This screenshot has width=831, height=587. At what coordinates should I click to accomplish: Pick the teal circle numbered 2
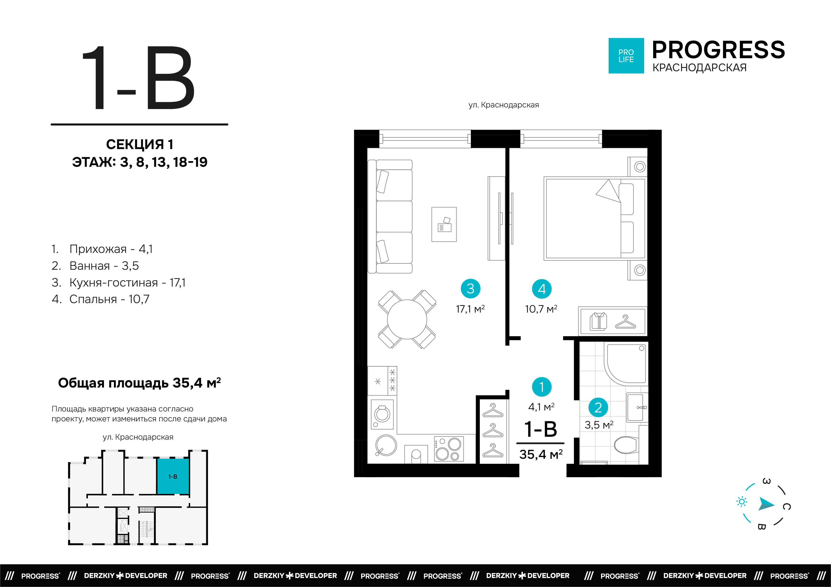click(x=598, y=407)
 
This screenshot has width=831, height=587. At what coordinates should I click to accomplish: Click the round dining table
click(x=407, y=319)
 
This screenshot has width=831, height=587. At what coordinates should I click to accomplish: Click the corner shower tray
click(x=625, y=363)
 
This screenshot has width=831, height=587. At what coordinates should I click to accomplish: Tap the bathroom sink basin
click(x=637, y=407)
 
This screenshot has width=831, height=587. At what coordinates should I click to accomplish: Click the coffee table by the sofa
click(x=444, y=224)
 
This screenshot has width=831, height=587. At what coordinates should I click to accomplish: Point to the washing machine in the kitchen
click(x=382, y=415)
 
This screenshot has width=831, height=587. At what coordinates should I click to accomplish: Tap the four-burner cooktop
click(x=449, y=449)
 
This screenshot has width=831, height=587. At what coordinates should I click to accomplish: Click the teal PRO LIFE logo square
click(x=626, y=56)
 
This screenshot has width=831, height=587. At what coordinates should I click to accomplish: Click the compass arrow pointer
click(x=766, y=504)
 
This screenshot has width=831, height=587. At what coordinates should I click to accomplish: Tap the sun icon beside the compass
click(x=742, y=502)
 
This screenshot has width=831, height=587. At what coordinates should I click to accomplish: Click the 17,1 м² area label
click(x=470, y=309)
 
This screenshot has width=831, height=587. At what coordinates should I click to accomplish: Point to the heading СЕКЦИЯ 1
click(x=140, y=144)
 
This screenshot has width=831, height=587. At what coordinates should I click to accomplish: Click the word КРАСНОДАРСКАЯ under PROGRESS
click(x=699, y=68)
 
